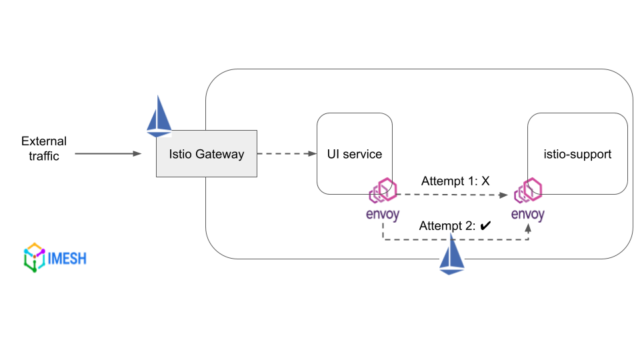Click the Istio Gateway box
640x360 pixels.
pos(206,154)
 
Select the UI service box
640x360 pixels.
pos(354,154)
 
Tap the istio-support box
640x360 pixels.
pos(577,154)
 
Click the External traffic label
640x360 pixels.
pos(44,149)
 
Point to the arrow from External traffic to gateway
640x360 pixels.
pos(107,154)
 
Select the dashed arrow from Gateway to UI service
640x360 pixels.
pos(286,154)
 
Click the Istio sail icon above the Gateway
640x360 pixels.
pos(159,116)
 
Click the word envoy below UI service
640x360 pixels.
pos(383,215)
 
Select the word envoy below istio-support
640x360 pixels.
pos(528,215)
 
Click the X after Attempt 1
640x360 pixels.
pos(485,181)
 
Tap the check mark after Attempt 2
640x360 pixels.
pos(485,226)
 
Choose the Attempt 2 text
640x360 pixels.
pos(447,226)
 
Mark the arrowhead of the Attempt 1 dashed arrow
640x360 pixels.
pos(505,195)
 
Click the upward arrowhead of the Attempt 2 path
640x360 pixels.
pos(528,227)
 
